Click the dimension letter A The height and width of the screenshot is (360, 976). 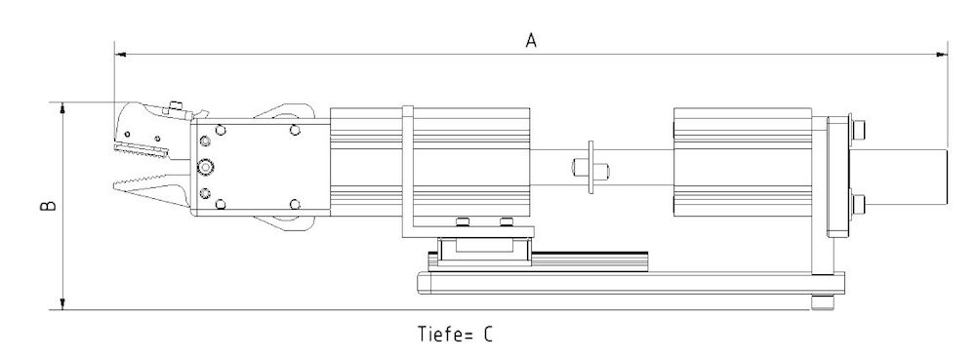pos(531,40)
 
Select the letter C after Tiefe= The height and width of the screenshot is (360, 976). pos(486,335)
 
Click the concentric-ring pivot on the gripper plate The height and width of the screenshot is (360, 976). pos(205,165)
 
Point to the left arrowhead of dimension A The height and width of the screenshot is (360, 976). pos(119,55)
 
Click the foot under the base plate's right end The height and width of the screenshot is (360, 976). pos(826,304)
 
